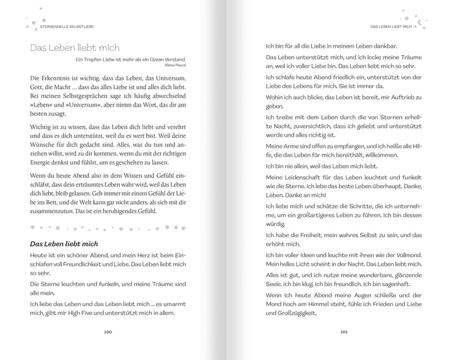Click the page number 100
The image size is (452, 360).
click(108, 331)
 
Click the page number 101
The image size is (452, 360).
click(343, 331)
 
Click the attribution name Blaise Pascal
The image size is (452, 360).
click(176, 65)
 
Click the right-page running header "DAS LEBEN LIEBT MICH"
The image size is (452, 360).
click(390, 26)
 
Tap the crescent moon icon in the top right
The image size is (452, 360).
click(421, 21)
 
